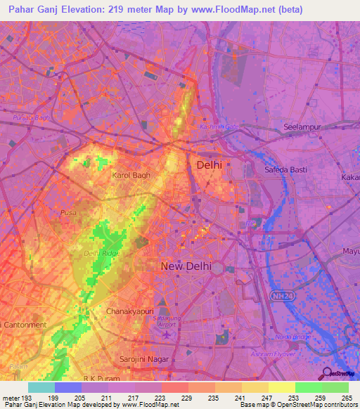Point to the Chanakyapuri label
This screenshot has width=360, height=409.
(x=128, y=311)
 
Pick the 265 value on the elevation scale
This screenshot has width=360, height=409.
(x=347, y=398)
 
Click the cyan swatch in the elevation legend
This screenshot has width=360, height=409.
(x=41, y=387)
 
